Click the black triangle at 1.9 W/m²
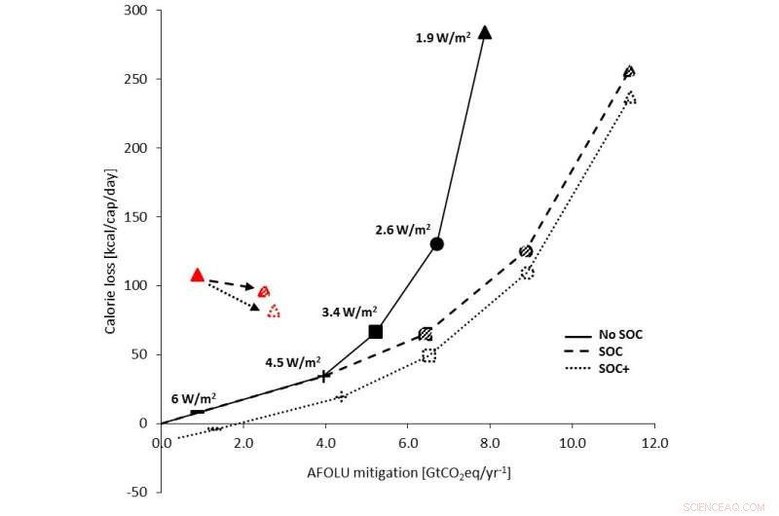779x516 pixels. click(x=485, y=33)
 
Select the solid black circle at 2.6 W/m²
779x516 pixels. click(x=437, y=243)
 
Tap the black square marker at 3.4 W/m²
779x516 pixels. click(x=376, y=332)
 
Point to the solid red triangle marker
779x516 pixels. click(x=198, y=276)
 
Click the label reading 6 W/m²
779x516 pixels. click(x=194, y=398)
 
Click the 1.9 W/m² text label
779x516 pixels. click(x=442, y=38)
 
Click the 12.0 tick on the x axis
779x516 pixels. click(x=654, y=440)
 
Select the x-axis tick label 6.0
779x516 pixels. click(x=408, y=440)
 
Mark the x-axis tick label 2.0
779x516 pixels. click(x=243, y=440)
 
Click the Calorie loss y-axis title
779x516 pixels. click(x=115, y=216)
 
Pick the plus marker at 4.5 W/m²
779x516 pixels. click(x=325, y=376)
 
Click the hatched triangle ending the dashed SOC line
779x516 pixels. click(x=629, y=71)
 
